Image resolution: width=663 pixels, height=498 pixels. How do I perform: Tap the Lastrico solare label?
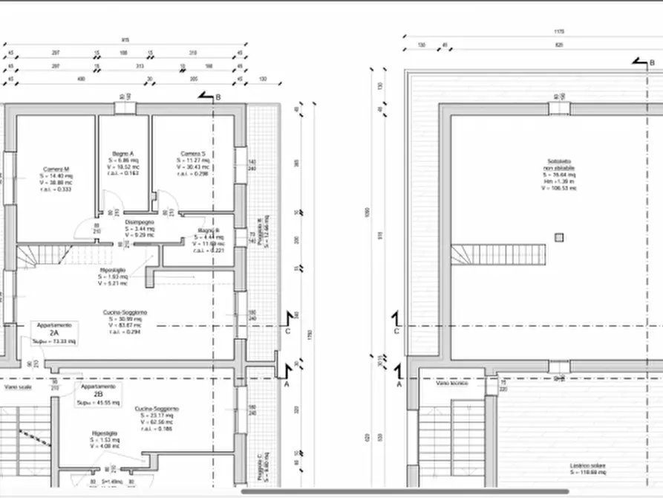587,467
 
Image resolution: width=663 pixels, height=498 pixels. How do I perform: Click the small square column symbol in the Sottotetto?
558,237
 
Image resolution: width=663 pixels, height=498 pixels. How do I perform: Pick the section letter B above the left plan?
218,97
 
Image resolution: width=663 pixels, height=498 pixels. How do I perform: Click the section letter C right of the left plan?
287,332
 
